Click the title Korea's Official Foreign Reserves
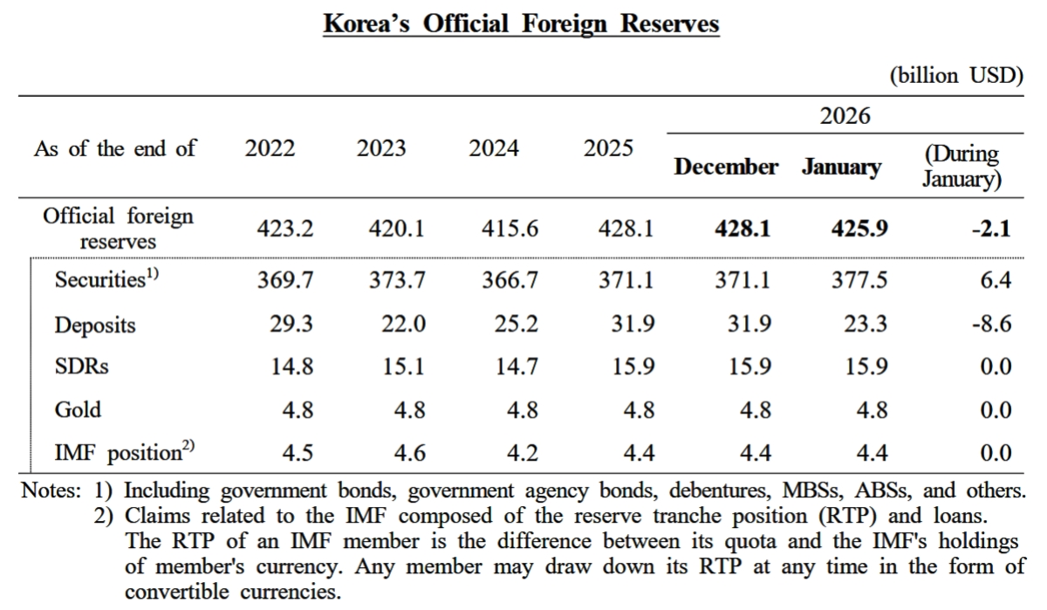tap(521, 23)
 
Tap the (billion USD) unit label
tap(955, 75)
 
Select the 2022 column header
tap(270, 148)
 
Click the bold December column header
tap(726, 167)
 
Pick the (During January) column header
tap(961, 167)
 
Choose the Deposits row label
tap(95, 325)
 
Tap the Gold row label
tap(78, 409)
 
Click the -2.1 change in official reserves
tap(991, 230)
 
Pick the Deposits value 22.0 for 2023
tap(402, 325)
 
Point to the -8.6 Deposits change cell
tap(993, 325)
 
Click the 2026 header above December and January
tap(845, 115)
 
